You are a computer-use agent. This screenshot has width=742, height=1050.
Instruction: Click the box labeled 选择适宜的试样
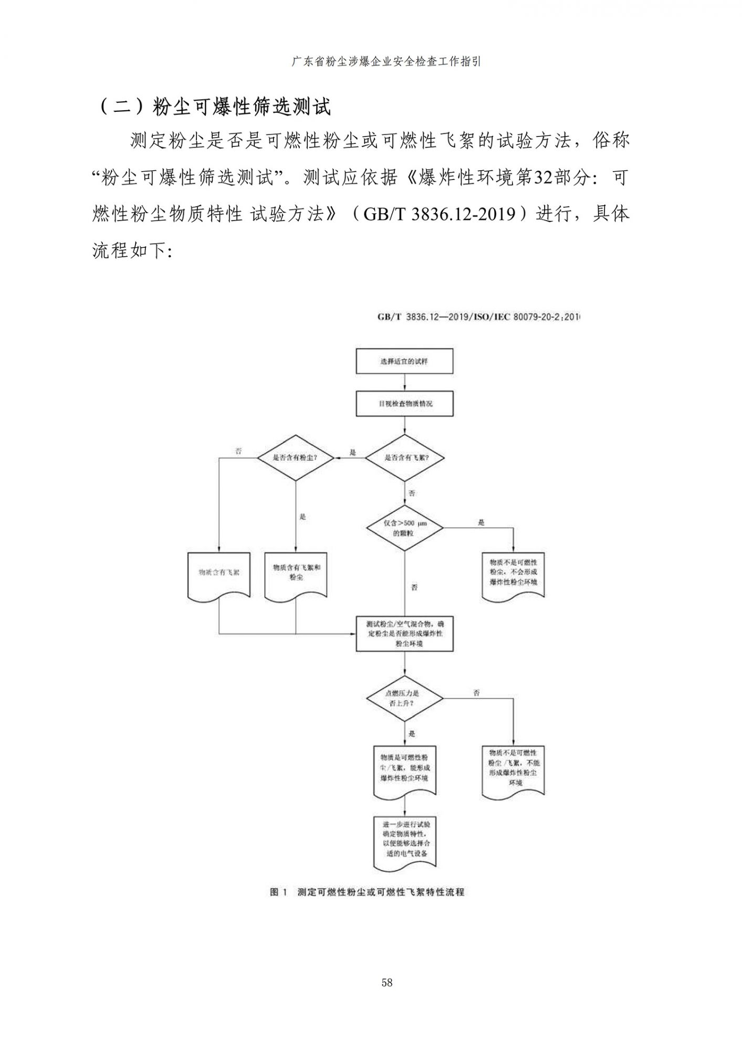[x=404, y=361]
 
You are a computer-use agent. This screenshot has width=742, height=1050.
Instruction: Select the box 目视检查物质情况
[x=404, y=404]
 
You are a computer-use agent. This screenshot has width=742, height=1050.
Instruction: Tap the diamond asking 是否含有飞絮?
[x=404, y=457]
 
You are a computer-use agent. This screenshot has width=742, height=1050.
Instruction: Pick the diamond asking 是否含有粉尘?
[x=296, y=457]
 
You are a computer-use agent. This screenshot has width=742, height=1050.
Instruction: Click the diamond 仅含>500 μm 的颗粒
[x=404, y=528]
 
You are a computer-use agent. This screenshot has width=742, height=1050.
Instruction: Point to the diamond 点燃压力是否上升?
[x=404, y=698]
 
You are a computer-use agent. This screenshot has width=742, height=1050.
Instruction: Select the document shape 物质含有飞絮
[x=218, y=573]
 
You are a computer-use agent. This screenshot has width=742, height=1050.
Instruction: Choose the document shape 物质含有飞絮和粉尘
[x=296, y=573]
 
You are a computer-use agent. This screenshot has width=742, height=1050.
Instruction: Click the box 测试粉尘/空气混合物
[x=404, y=634]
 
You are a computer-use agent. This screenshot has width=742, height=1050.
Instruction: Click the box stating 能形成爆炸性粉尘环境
[x=404, y=768]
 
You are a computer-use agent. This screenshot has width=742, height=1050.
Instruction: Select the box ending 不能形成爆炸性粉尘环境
[x=513, y=768]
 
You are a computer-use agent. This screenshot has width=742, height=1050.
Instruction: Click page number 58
[x=387, y=983]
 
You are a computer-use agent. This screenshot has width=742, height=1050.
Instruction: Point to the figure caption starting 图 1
[x=367, y=892]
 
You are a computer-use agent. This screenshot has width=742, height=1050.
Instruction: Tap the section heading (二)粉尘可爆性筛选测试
[x=215, y=107]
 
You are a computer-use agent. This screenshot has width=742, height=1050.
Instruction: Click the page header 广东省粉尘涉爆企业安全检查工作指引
[x=386, y=62]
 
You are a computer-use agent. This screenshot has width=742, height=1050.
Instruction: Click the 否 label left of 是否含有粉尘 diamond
[x=238, y=451]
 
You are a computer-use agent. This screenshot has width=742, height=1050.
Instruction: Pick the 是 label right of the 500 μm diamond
[x=481, y=522]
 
